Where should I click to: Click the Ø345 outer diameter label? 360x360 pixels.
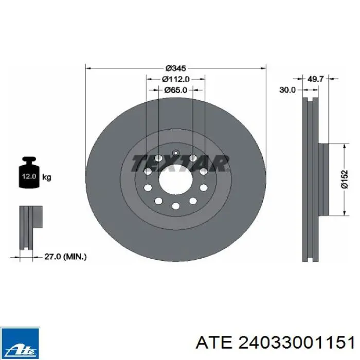click(176, 68)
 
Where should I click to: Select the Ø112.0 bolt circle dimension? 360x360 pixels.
click(176, 79)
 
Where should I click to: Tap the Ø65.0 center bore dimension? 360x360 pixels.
click(176, 89)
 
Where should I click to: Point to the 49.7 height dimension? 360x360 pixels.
click(315, 79)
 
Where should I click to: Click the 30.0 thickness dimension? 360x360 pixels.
click(287, 89)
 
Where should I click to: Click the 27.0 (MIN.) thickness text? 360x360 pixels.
click(66, 256)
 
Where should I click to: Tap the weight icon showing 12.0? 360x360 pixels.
click(28, 176)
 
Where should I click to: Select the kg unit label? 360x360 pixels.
click(46, 177)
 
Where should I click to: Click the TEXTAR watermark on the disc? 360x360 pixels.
click(179, 163)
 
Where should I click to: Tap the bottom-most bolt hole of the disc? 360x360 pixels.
click(175, 206)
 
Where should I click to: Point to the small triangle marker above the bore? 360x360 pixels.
click(175, 153)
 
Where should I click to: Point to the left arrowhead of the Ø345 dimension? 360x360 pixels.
click(88, 68)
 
